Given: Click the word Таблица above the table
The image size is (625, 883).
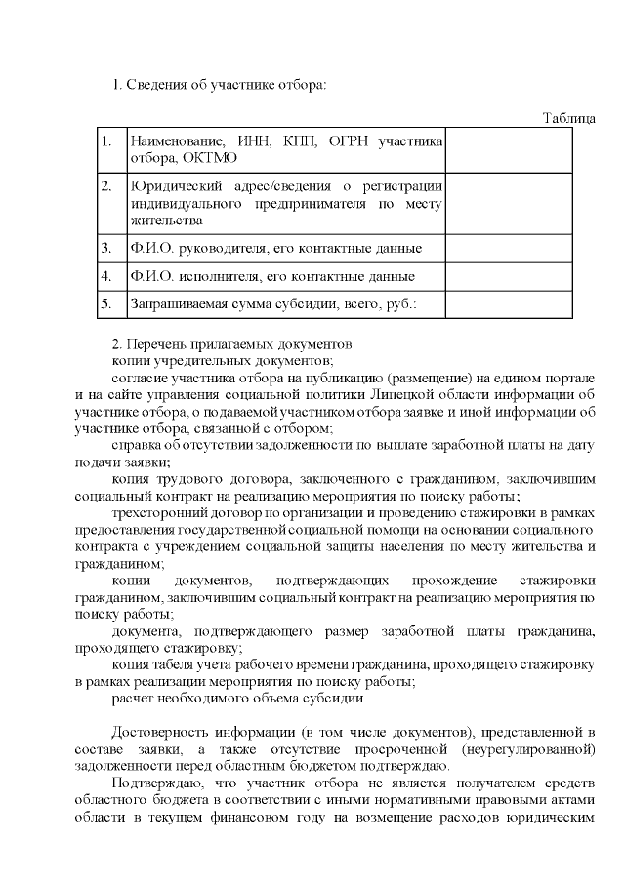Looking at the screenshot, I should (569, 119).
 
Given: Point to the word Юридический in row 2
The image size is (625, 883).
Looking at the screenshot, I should (172, 185).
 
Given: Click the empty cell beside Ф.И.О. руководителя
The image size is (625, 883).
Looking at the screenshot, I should (509, 248).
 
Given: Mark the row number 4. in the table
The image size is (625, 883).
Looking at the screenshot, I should (106, 276).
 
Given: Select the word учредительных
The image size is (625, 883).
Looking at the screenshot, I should (191, 360).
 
